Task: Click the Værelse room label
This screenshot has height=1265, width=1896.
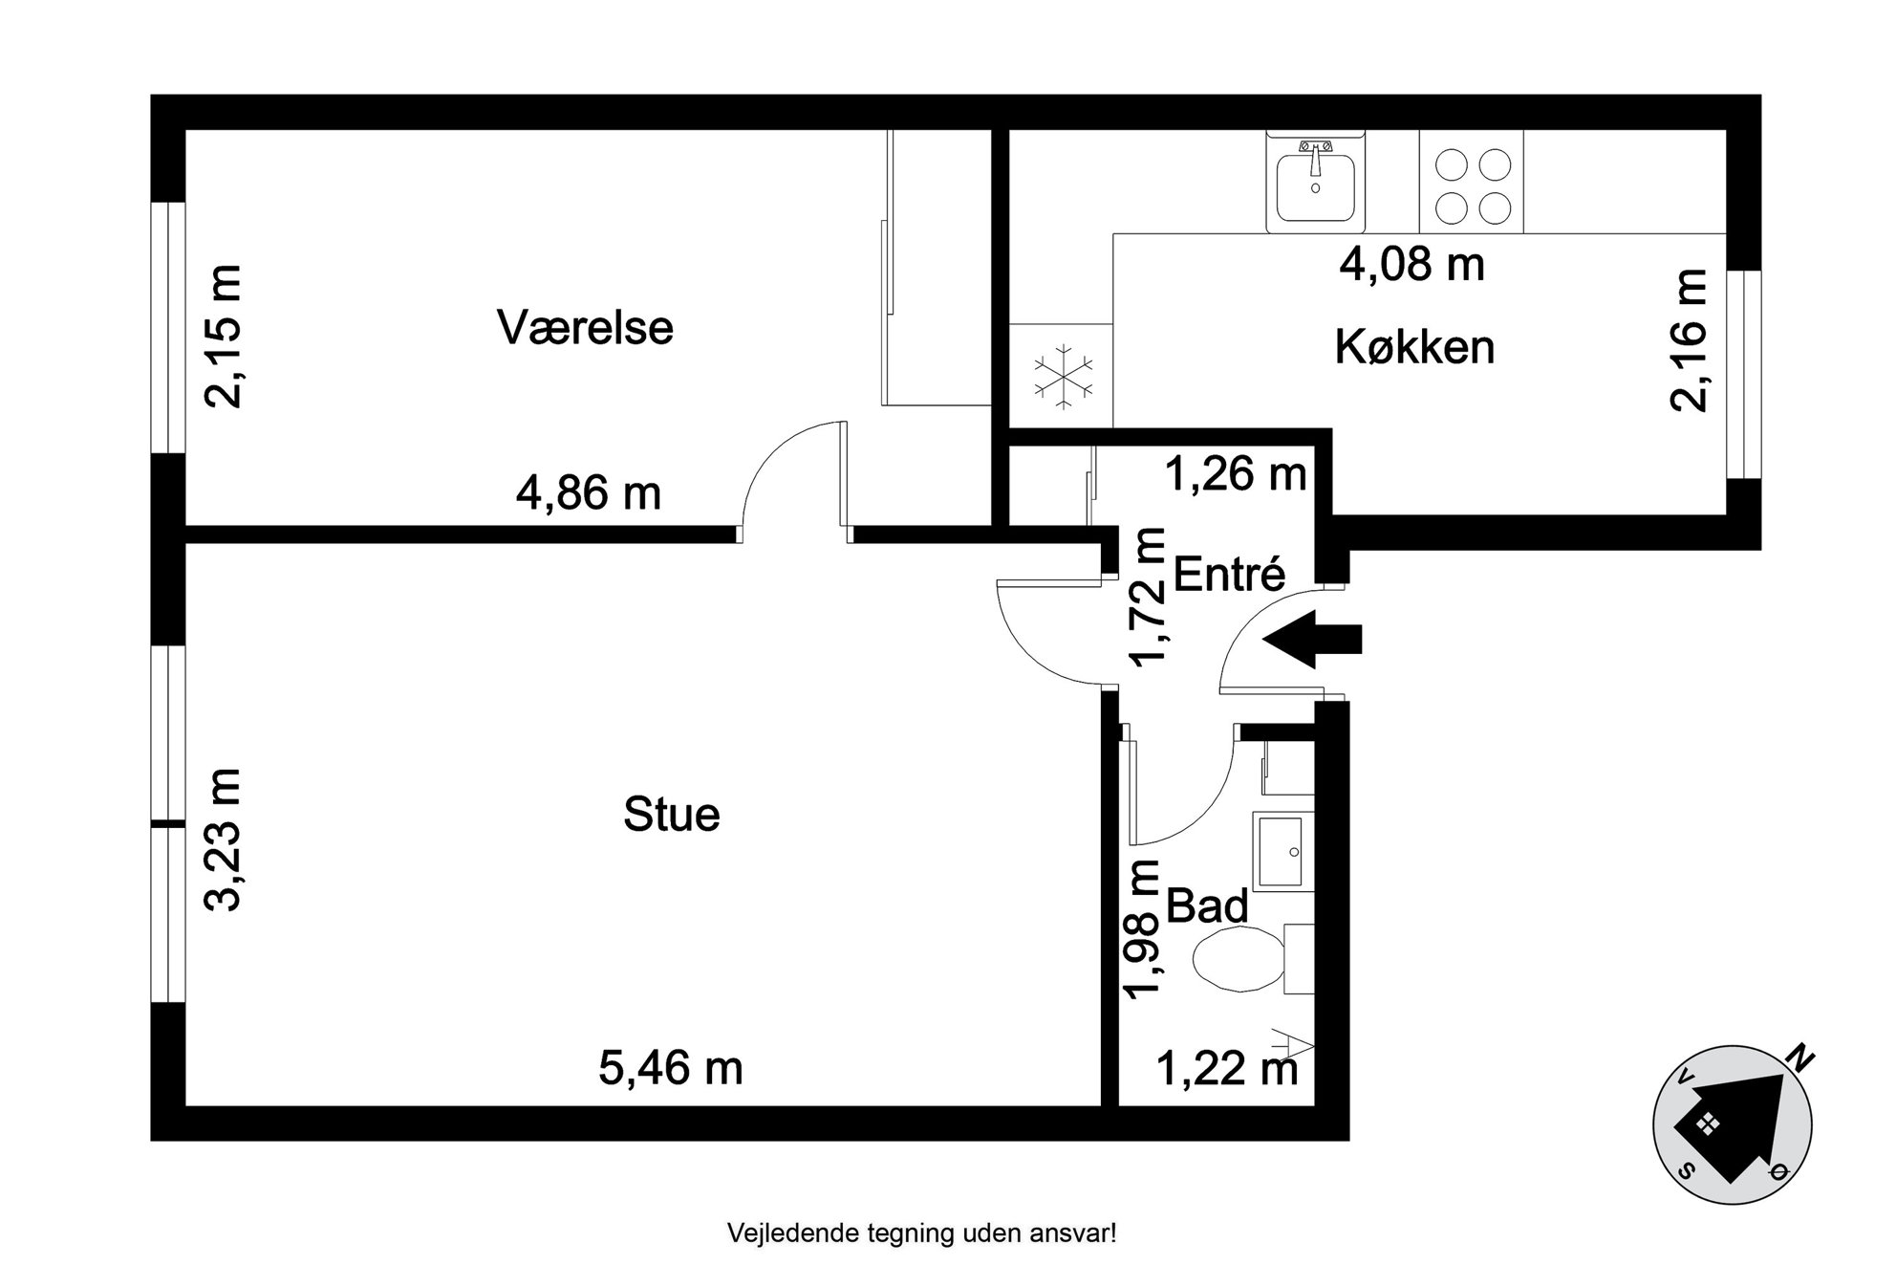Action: pyautogui.click(x=585, y=327)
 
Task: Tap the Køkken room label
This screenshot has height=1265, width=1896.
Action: pyautogui.click(x=1414, y=346)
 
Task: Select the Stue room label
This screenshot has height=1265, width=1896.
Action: pyautogui.click(x=671, y=815)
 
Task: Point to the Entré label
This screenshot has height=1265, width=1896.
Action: pyautogui.click(x=1229, y=574)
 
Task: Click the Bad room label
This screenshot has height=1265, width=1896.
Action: pyautogui.click(x=1207, y=905)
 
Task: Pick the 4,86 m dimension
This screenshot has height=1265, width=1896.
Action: pyautogui.click(x=589, y=493)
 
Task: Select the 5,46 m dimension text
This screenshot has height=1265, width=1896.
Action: pyautogui.click(x=671, y=1067)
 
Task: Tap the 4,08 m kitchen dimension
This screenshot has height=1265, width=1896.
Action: pyautogui.click(x=1411, y=263)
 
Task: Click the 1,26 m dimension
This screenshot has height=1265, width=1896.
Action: pyautogui.click(x=1236, y=473)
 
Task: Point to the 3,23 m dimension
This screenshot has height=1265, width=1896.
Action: pyautogui.click(x=225, y=840)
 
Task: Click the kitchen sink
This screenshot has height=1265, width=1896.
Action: pyautogui.click(x=1316, y=182)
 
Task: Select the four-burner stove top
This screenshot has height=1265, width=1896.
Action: pyautogui.click(x=1472, y=182)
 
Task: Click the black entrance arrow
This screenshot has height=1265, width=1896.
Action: pyautogui.click(x=1312, y=639)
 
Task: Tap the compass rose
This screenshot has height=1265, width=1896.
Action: pyautogui.click(x=1732, y=1124)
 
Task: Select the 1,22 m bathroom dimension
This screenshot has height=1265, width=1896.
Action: pyautogui.click(x=1227, y=1068)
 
